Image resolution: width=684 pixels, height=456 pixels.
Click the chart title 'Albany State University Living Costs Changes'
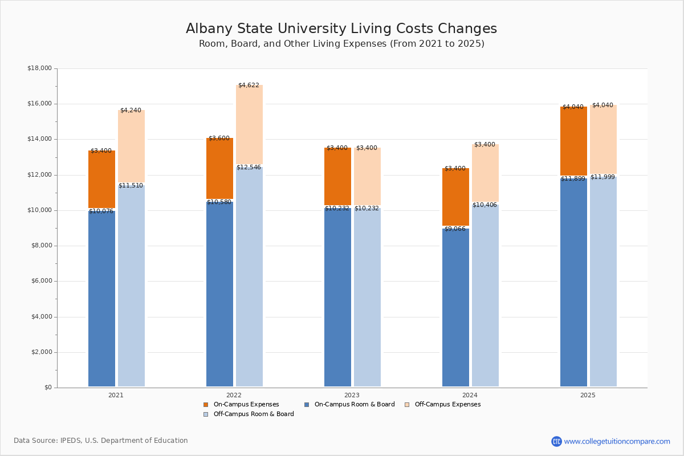pyautogui.click(x=341, y=29)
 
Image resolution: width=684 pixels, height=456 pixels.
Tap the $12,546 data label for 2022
pyautogui.click(x=249, y=167)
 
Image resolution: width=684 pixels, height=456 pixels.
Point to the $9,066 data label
pyautogui.click(x=455, y=229)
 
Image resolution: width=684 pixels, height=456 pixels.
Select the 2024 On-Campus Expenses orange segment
pyautogui.click(x=455, y=197)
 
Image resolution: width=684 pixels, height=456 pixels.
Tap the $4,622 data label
pyautogui.click(x=249, y=85)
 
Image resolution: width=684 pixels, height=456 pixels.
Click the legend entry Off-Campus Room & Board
pyautogui.click(x=253, y=414)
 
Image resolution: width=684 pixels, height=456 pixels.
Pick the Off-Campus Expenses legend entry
pyautogui.click(x=447, y=405)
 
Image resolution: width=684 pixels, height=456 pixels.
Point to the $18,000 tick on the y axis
pyautogui.click(x=39, y=68)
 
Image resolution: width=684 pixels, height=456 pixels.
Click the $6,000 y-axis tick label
pyautogui.click(x=41, y=281)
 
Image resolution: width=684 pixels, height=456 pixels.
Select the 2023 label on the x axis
pyautogui.click(x=352, y=395)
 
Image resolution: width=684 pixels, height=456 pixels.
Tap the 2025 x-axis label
pyautogui.click(x=588, y=395)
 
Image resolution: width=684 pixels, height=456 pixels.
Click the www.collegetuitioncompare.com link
pyautogui.click(x=617, y=441)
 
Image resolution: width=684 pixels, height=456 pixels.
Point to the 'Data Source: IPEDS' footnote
pyautogui.click(x=101, y=441)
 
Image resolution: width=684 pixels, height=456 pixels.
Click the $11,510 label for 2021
pyautogui.click(x=131, y=185)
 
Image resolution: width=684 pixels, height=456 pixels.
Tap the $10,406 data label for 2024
pyautogui.click(x=484, y=205)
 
